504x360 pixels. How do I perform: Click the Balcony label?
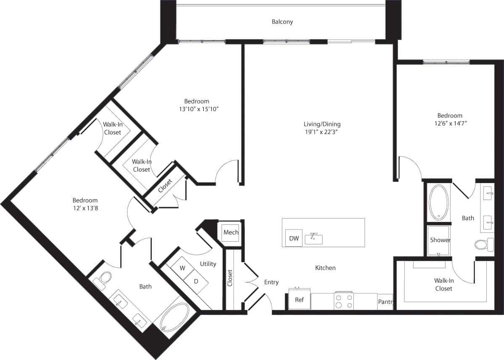[282, 21]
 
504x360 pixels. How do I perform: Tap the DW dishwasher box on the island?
[294, 238]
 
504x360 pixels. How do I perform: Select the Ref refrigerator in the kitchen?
[299, 299]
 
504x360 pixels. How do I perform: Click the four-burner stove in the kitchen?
[344, 301]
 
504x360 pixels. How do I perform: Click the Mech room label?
[231, 232]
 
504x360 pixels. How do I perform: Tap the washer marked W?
[183, 268]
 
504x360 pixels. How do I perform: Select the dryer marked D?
[196, 281]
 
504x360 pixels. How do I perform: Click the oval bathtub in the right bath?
[438, 203]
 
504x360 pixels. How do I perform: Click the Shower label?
[440, 240]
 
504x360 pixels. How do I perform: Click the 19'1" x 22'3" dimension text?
[322, 132]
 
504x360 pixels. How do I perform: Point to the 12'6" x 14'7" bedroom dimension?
[449, 123]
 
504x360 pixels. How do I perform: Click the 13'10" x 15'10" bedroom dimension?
[196, 109]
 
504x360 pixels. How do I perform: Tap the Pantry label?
[385, 302]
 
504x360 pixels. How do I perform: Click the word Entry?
[271, 282]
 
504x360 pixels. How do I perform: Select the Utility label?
[208, 264]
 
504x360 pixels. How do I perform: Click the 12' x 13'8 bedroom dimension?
[85, 208]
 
